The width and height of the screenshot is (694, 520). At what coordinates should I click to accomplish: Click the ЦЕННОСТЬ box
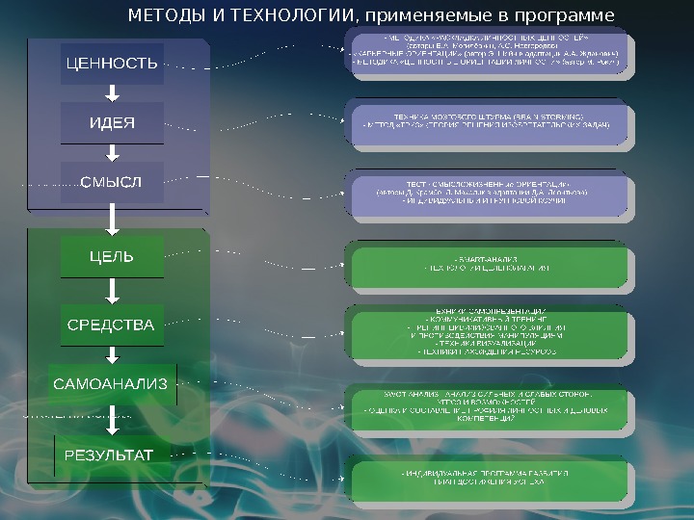click(112, 65)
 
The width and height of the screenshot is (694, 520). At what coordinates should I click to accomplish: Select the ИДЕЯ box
click(112, 123)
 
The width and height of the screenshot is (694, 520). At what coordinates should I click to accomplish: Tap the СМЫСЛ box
click(112, 181)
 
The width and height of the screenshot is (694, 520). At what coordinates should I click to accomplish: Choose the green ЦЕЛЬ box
click(112, 257)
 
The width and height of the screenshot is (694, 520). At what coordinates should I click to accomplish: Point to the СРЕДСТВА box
click(112, 325)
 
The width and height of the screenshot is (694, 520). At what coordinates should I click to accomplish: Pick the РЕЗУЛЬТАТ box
click(109, 455)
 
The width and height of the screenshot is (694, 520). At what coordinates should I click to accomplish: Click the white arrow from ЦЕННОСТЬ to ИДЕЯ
click(113, 93)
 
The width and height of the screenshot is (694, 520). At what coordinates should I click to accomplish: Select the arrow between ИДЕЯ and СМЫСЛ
click(113, 152)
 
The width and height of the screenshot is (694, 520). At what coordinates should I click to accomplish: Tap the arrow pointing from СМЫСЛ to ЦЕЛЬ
click(113, 219)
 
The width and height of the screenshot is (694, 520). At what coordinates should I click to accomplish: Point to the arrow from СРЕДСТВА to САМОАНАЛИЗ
click(113, 352)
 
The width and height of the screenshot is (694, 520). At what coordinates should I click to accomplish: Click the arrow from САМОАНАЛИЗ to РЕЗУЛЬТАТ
click(113, 419)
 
